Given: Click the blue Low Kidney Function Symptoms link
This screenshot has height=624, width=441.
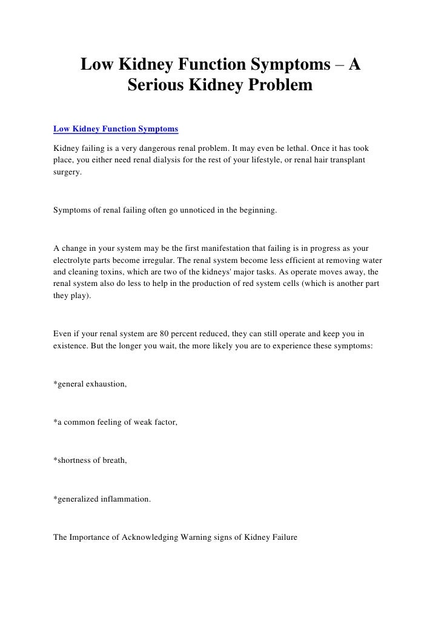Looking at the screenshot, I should pyautogui.click(x=116, y=129).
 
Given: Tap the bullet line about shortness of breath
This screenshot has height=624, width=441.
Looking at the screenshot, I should pyautogui.click(x=91, y=460).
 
